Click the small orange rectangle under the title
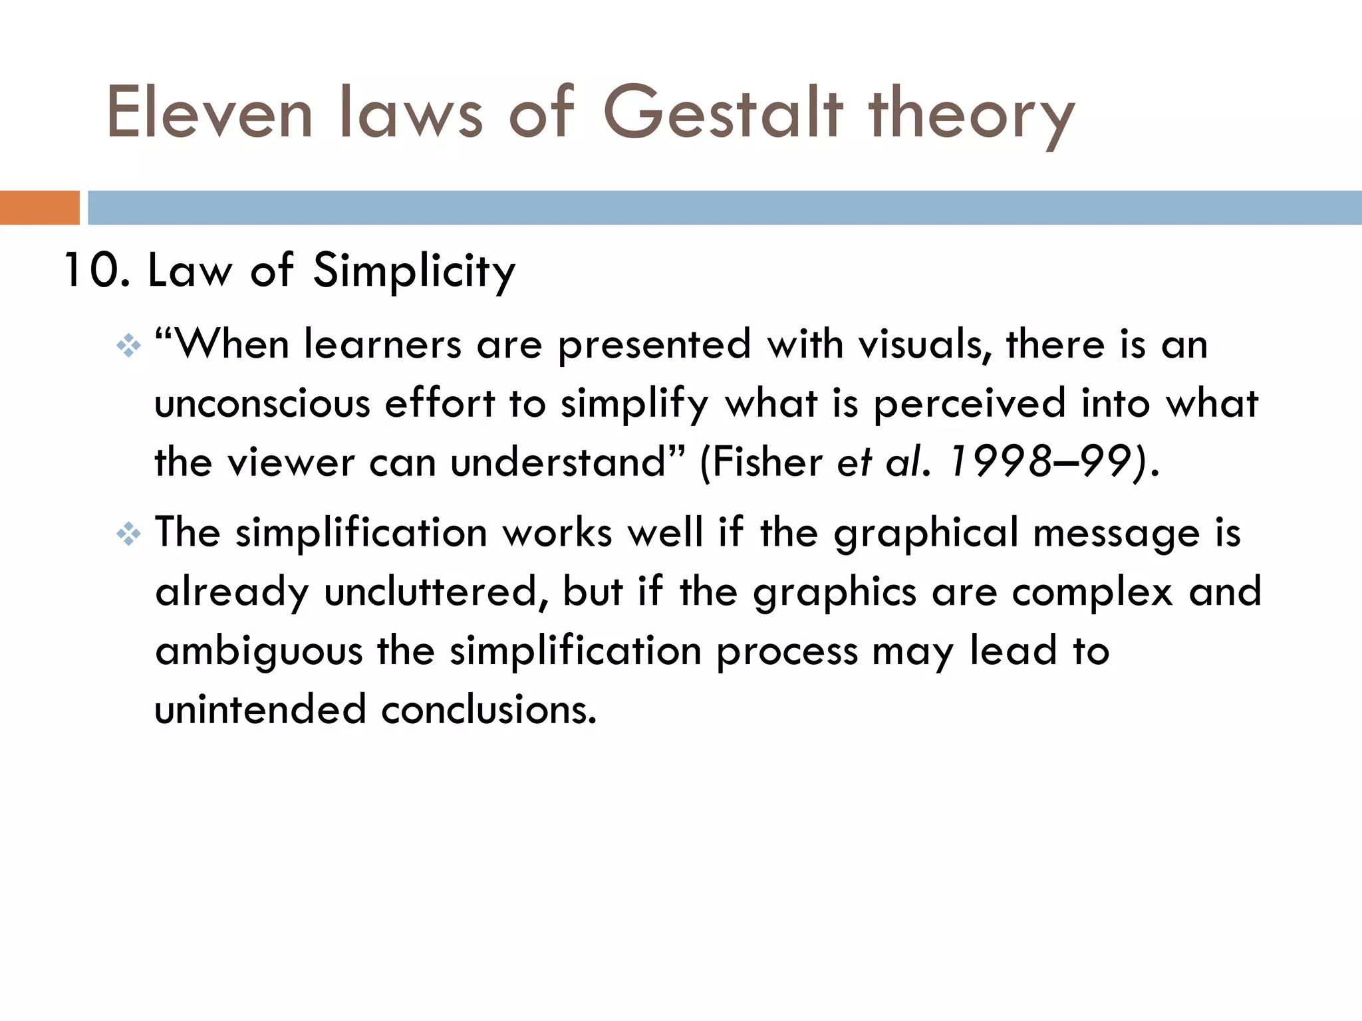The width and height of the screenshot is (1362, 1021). tap(39, 207)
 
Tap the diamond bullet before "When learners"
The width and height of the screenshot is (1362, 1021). tap(128, 346)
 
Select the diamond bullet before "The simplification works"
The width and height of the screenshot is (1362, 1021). tap(128, 534)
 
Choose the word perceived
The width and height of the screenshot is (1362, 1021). tap(970, 404)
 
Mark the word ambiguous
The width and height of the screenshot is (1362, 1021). tap(259, 651)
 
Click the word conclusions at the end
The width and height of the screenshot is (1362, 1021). tap(489, 709)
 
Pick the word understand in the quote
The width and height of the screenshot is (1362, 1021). tap(557, 462)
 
